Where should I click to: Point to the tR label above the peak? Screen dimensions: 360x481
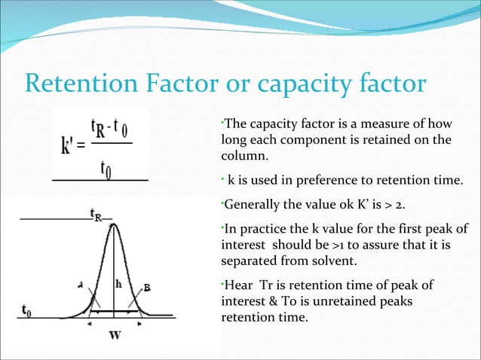96,214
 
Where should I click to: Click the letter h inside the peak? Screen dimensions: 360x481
118,285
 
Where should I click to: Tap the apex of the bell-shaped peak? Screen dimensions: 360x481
114,223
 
